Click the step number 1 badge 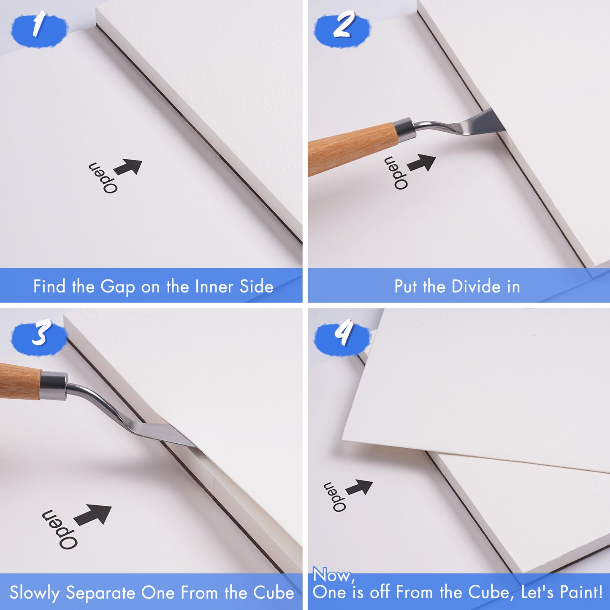pos(39,29)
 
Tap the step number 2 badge pos(342,29)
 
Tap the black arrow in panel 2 pos(422,163)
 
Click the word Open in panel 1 pos(103,178)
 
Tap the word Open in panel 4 pos(335,497)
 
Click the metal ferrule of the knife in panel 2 pos(404,130)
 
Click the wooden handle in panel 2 pos(351,149)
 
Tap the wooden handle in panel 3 pos(20,381)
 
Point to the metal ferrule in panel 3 pos(54,386)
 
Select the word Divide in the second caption pos(477,286)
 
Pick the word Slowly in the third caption pos(35,593)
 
